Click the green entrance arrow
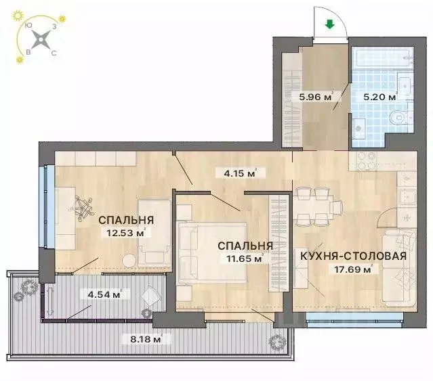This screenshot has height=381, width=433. click(x=329, y=25)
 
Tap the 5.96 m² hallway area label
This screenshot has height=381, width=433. click(x=316, y=97)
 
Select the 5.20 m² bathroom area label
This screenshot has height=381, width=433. click(x=379, y=97)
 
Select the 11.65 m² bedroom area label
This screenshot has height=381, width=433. click(x=239, y=258)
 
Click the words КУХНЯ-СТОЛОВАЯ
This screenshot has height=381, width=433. click(x=352, y=256)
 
